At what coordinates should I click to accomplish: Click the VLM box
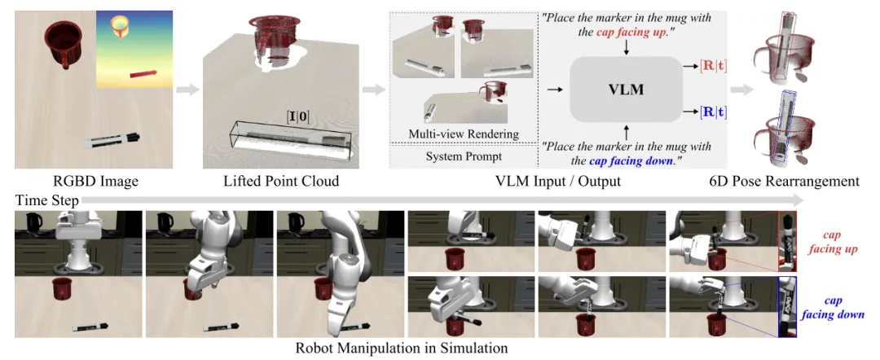(626, 90)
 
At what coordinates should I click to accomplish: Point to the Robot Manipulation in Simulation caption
(403, 349)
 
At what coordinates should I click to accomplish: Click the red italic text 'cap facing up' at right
(832, 242)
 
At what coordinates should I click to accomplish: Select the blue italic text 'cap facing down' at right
(832, 306)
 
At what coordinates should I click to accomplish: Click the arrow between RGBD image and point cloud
(188, 89)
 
